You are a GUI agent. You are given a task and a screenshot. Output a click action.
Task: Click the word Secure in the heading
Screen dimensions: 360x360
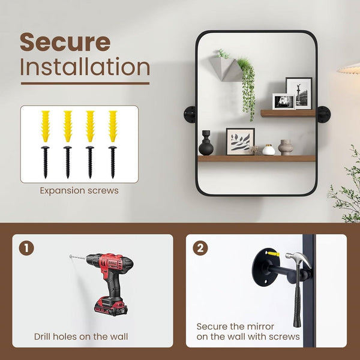click(65, 42)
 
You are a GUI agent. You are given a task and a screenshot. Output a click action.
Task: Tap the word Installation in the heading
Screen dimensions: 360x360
click(85, 67)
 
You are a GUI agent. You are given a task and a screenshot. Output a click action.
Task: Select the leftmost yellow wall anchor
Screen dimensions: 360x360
click(46, 126)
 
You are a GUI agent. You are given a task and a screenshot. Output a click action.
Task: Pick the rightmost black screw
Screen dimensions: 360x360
click(113, 162)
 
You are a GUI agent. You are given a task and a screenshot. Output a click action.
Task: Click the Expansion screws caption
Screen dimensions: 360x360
click(79, 191)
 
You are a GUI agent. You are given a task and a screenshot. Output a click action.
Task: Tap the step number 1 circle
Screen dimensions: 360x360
click(26, 248)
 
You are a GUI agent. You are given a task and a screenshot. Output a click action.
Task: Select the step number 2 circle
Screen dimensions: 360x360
click(200, 248)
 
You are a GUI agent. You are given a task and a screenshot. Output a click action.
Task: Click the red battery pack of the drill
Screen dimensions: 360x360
click(110, 306)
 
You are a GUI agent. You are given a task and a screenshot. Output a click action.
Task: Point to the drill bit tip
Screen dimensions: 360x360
click(70, 256)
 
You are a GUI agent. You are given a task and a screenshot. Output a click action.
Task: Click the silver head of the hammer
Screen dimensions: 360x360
click(299, 258)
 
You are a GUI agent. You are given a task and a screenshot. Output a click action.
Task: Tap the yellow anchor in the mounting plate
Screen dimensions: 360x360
click(274, 254)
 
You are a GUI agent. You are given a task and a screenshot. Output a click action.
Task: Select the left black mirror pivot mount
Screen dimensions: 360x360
click(190, 115)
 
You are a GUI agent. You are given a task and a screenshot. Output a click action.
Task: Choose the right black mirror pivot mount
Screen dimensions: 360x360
click(323, 115)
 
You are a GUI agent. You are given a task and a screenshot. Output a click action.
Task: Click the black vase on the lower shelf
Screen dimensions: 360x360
click(206, 143)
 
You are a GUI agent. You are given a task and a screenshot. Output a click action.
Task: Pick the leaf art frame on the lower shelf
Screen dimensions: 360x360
click(241, 142)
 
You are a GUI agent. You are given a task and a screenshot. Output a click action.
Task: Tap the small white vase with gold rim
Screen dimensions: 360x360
click(269, 149)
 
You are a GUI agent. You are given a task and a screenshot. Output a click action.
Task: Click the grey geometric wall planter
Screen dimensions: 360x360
click(226, 69)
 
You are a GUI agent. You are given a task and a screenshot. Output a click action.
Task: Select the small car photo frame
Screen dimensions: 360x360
click(284, 101)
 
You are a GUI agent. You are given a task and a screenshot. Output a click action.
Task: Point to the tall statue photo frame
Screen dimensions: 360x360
click(299, 93)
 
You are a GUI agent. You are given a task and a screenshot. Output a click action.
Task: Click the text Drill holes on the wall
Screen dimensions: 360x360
click(81, 337)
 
